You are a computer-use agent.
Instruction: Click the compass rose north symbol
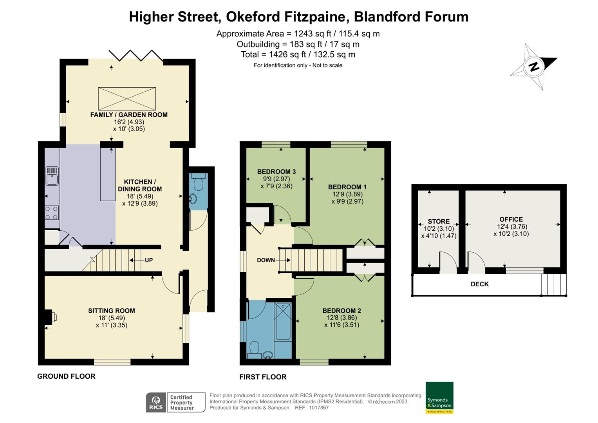[533, 67]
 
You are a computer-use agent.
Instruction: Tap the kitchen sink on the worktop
[52, 176]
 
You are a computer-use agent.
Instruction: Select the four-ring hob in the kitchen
[52, 213]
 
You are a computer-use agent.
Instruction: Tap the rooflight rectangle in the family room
[127, 99]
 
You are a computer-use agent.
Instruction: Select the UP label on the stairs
[149, 260]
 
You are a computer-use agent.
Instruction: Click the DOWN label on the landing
[266, 260]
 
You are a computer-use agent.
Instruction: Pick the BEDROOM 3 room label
[276, 172]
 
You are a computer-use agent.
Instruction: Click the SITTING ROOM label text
[112, 311]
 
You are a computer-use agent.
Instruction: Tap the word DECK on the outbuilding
[479, 284]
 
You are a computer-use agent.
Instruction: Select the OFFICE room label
[511, 219]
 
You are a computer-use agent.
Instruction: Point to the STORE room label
[439, 221]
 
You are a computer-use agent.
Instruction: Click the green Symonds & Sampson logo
[439, 398]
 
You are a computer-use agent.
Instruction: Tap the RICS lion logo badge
[156, 403]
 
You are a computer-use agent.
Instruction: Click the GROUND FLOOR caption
[66, 376]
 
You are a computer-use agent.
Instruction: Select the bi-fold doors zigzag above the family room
[136, 55]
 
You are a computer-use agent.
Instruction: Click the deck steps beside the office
[554, 284]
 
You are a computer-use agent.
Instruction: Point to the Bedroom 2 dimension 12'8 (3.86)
[342, 318]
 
